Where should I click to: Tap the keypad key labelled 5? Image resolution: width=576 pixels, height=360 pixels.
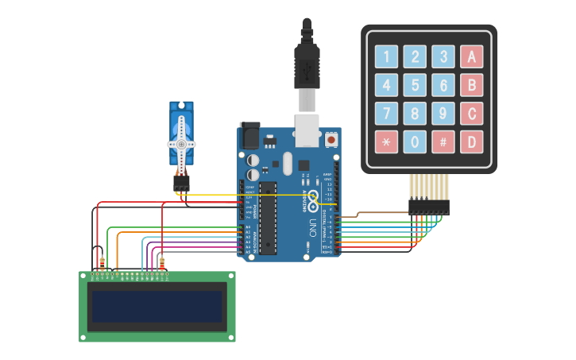(x=415, y=85)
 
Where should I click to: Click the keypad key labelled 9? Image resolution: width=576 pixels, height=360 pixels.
(x=443, y=114)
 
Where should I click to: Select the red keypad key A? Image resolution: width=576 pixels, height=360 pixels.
(x=472, y=56)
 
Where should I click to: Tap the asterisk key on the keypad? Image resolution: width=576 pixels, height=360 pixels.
(x=386, y=142)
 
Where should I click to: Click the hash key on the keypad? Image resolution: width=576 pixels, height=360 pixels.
(x=443, y=142)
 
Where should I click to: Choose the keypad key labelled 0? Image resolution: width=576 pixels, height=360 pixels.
(x=415, y=142)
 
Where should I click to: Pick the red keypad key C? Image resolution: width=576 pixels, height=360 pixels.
(x=472, y=114)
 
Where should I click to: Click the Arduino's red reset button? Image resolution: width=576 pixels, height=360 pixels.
(x=331, y=140)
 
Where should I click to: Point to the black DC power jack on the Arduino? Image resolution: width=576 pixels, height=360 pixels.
(x=249, y=136)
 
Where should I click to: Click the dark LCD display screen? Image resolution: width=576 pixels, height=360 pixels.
(x=157, y=306)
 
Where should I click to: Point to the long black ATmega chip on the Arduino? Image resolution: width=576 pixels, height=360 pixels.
(x=267, y=219)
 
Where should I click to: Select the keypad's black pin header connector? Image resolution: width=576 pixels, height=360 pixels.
(x=428, y=207)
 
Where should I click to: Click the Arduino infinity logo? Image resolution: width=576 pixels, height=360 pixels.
(x=313, y=198)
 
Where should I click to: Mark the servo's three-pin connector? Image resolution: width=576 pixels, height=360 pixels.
(x=182, y=184)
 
